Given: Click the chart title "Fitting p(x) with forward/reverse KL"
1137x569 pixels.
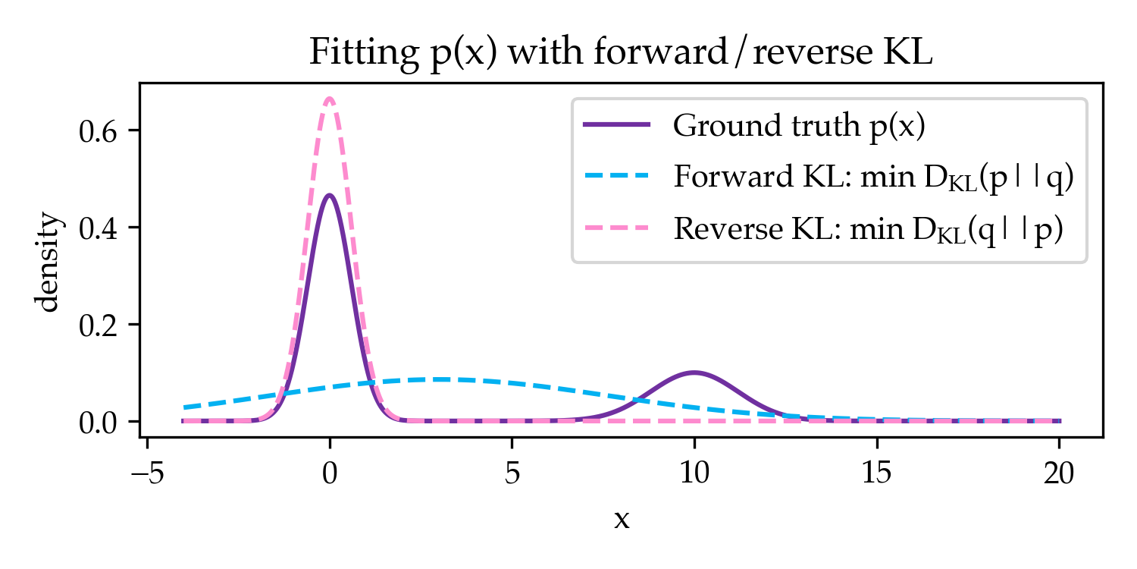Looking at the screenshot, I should pyautogui.click(x=621, y=53).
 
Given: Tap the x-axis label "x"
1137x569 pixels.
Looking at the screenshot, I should pyautogui.click(x=622, y=520).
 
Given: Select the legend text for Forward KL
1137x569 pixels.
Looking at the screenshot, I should pyautogui.click(x=873, y=178).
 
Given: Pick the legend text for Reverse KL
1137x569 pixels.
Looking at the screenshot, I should pyautogui.click(x=869, y=230).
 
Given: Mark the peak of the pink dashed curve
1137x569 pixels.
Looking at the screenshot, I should pyautogui.click(x=330, y=98).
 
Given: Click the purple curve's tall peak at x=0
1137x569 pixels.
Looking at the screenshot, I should pyautogui.click(x=330, y=195).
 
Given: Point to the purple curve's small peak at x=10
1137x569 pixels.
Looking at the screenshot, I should pyautogui.click(x=694, y=372).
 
